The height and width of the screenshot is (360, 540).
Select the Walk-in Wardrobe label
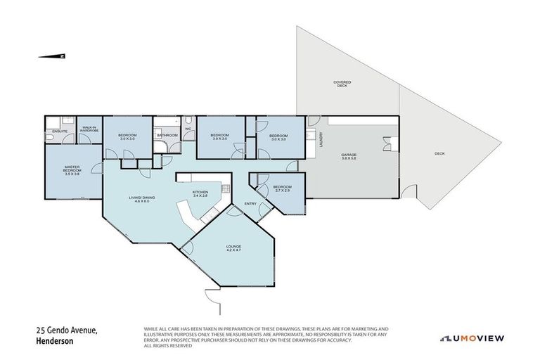tap(89, 129)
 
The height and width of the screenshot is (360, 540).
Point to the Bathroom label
tap(168, 135)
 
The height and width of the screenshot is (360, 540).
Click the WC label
tap(188, 129)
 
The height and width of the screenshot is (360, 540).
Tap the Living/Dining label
tap(142, 199)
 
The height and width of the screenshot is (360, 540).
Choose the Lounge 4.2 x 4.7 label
tap(233, 248)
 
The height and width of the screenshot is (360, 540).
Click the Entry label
tap(250, 204)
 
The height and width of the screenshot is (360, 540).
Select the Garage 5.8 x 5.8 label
tap(349, 157)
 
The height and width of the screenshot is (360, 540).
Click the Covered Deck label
tap(342, 84)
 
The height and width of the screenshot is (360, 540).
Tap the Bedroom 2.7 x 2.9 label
tap(281, 189)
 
